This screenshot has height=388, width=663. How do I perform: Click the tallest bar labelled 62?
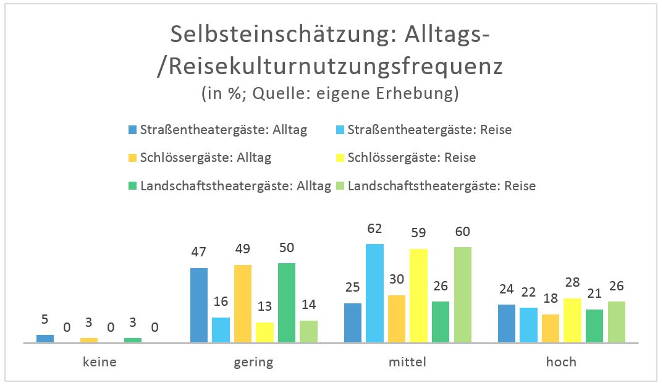pos(374,293)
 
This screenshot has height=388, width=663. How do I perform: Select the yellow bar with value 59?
pos(418,295)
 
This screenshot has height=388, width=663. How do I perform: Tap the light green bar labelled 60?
pos(462,295)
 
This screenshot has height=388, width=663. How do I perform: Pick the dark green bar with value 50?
pos(287,302)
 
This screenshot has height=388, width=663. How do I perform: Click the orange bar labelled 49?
pos(243,303)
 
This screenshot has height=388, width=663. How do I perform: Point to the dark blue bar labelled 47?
pos(199,305)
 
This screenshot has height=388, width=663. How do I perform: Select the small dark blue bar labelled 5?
pos(45,339)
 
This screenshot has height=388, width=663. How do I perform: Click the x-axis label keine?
pos(99,362)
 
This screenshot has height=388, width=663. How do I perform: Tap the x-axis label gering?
pos(253,362)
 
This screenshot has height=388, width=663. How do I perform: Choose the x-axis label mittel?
pos(407,362)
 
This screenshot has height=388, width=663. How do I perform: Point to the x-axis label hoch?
pos(561,362)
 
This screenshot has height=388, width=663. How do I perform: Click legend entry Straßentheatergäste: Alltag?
pos(223,130)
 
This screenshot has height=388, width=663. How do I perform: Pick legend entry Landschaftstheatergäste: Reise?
pos(442,185)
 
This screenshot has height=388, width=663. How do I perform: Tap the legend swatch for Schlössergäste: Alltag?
pos(132,158)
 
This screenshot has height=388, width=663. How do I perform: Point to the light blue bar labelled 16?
pos(221,330)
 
